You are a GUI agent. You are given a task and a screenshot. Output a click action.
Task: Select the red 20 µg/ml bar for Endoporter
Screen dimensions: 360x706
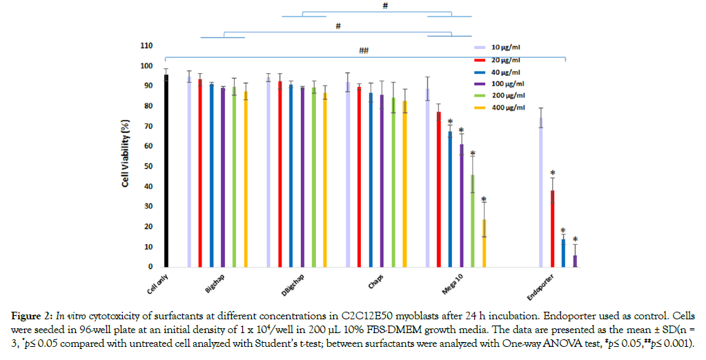coord(552,228)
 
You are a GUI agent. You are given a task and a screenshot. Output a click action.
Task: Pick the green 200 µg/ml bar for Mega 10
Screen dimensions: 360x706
coord(473,221)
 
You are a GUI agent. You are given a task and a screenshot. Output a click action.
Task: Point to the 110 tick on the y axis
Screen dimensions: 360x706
coord(146,46)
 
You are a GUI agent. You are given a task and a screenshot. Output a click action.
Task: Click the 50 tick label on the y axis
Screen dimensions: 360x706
coord(148,166)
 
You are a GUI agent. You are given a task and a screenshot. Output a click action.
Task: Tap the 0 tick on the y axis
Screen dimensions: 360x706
coord(150,267)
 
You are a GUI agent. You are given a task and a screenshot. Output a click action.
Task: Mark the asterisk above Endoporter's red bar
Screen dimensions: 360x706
coord(552,174)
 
